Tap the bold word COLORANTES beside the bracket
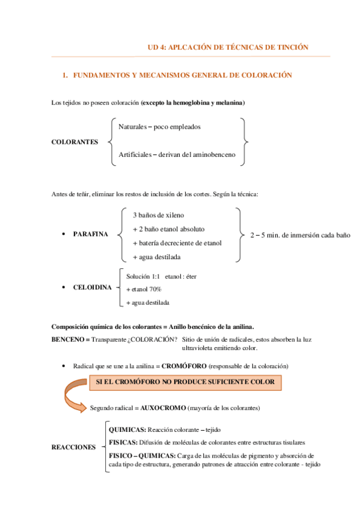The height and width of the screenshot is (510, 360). (75, 142)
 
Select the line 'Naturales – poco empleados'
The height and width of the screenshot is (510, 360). (159, 127)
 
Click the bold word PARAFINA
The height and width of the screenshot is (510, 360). (91, 234)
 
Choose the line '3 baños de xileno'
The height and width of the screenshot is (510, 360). (158, 215)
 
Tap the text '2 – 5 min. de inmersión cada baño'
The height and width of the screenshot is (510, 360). (299, 235)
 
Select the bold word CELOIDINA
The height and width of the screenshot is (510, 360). (92, 287)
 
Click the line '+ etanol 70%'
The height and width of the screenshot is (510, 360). (144, 289)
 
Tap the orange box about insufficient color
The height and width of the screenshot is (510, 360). (185, 382)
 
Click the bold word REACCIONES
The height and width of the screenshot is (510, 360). (73, 447)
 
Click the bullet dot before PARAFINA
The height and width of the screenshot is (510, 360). (64, 234)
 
